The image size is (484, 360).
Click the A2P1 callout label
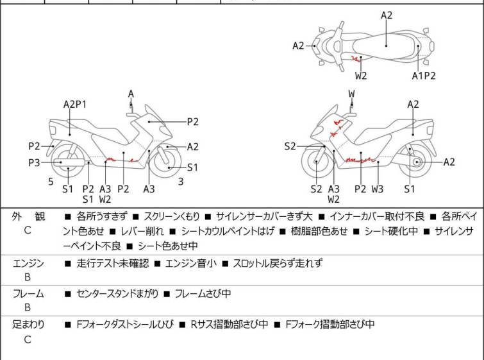[75, 105]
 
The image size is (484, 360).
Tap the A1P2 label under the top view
[424, 76]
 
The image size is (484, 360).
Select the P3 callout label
[34, 162]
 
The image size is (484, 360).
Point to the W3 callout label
[377, 189]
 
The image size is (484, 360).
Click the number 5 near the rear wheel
[51, 182]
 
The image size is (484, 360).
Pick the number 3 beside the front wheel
[181, 182]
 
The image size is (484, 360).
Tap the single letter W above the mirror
[351, 94]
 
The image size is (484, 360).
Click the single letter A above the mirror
[131, 94]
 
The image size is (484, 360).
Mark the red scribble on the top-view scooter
[356, 58]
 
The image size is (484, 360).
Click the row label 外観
[28, 217]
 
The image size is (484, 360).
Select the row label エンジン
[28, 263]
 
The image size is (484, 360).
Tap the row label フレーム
[28, 293]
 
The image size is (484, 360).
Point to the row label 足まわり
[28, 325]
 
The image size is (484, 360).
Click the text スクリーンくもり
[172, 216]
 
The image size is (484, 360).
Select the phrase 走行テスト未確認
[113, 263]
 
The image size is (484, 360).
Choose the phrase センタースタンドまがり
[117, 293]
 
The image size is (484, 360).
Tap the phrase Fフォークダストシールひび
[125, 325]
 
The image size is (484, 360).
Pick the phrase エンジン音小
[191, 263]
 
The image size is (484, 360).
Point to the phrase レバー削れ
[142, 231]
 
